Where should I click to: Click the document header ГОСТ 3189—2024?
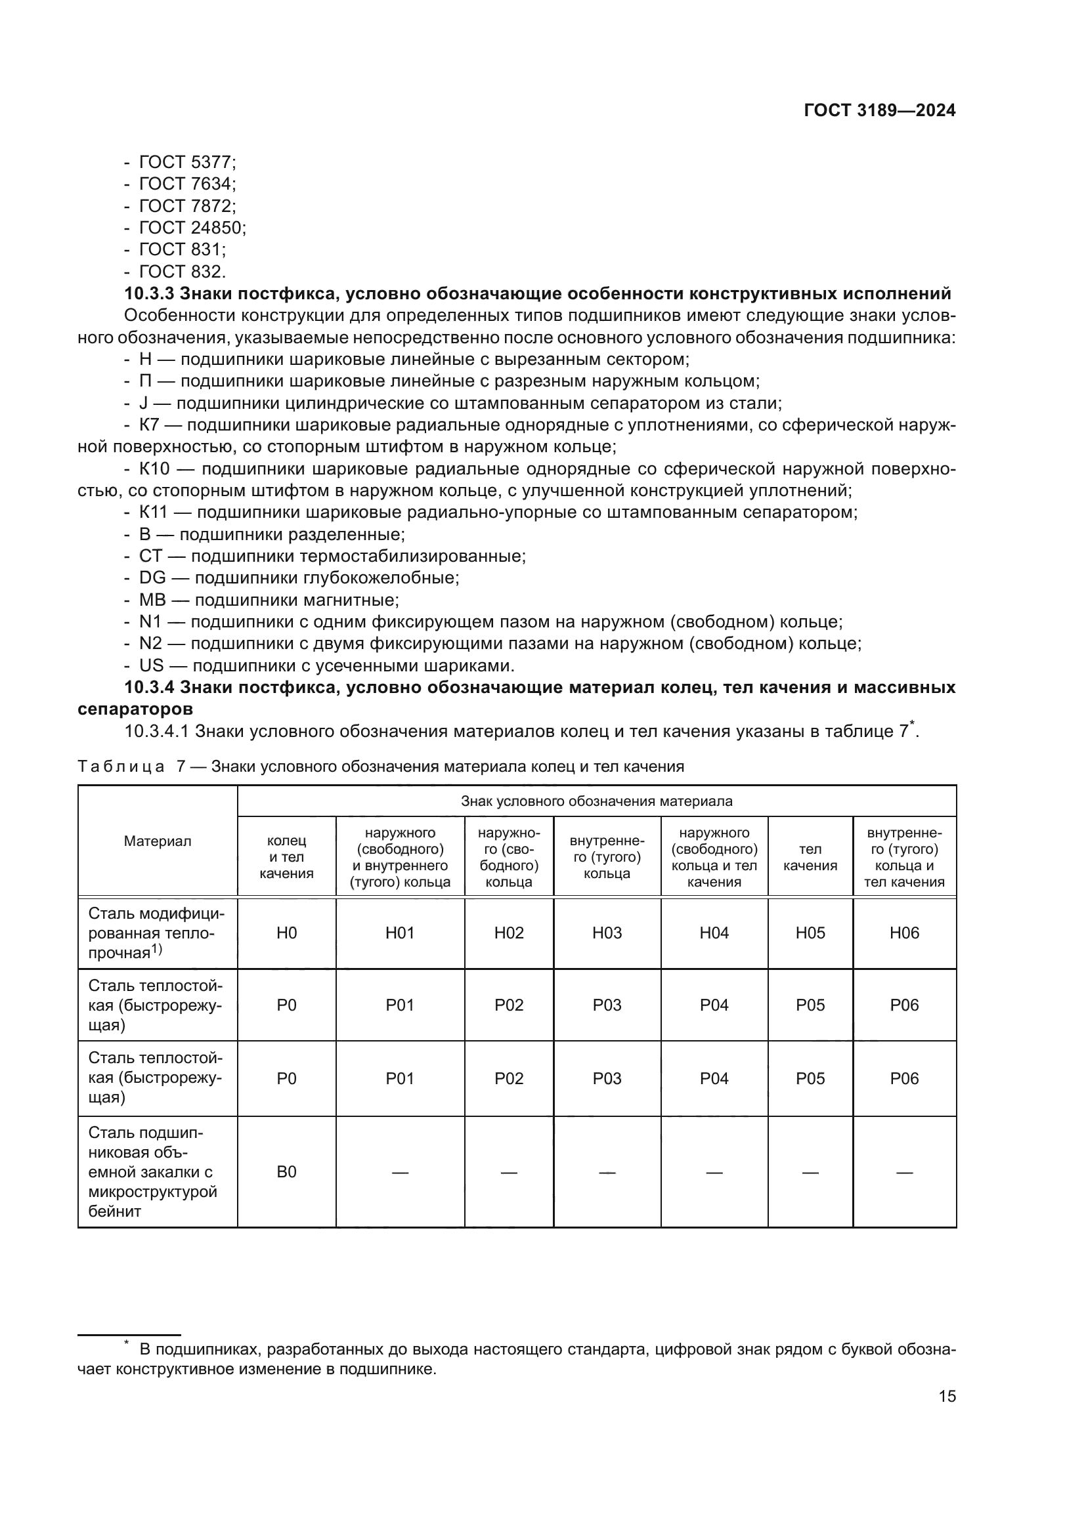879,111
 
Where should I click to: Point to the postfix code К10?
154,469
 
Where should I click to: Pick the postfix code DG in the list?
152,578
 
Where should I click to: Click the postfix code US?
151,666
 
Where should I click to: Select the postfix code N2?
150,644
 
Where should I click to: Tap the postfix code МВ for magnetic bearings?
152,600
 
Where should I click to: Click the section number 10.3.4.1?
157,731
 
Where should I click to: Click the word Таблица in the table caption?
121,767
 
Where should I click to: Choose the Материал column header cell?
157,842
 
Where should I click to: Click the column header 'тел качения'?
810,857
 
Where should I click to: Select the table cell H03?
607,933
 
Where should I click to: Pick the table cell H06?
904,933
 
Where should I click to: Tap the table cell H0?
286,933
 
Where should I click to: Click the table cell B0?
286,1172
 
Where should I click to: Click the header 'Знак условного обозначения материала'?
596,801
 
